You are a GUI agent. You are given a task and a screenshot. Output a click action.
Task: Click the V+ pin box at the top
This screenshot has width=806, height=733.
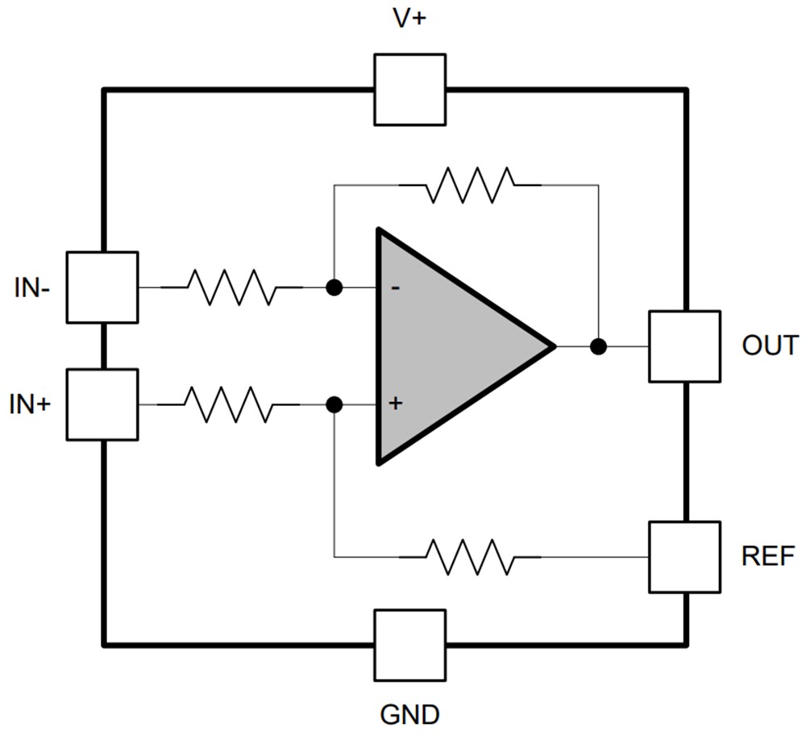(x=409, y=89)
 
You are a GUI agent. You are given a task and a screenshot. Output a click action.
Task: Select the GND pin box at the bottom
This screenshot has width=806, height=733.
(x=409, y=644)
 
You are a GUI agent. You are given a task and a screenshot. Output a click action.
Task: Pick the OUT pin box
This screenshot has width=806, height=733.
(x=684, y=346)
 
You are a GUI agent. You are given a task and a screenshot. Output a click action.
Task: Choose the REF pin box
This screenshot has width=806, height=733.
(x=684, y=557)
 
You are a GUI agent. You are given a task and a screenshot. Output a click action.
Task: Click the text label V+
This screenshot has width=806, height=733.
(x=409, y=20)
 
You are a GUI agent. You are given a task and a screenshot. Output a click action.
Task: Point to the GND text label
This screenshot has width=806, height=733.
(x=409, y=714)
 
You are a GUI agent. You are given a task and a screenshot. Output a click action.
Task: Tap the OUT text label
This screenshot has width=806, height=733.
(x=770, y=346)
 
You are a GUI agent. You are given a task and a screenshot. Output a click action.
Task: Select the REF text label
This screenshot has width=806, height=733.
(x=768, y=557)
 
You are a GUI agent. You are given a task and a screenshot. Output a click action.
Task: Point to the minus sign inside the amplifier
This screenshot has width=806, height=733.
(x=395, y=288)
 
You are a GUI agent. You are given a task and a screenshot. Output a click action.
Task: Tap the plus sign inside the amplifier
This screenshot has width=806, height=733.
(x=395, y=404)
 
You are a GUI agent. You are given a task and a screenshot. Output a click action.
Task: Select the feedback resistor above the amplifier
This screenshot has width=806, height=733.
(x=470, y=184)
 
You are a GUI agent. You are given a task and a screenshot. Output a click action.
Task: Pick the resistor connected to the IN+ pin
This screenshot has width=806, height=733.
(x=230, y=404)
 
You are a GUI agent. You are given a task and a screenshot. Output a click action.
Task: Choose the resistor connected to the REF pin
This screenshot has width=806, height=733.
(x=470, y=557)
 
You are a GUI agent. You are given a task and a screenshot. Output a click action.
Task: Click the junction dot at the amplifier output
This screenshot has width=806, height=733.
(x=597, y=346)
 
